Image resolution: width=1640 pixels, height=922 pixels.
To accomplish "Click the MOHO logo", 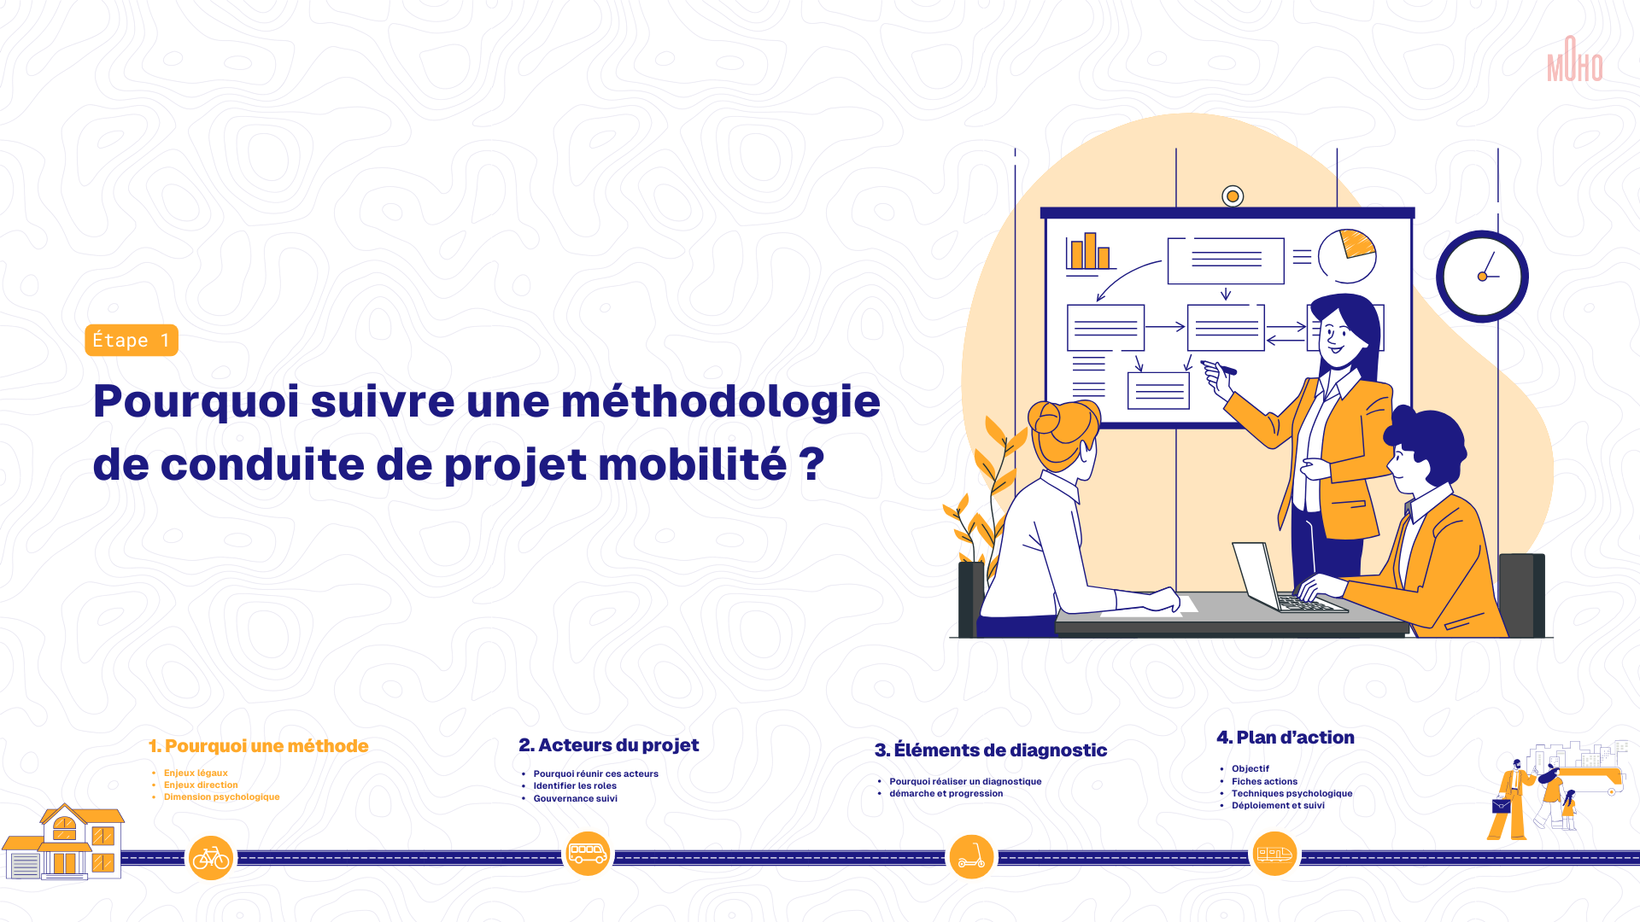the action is (1574, 59).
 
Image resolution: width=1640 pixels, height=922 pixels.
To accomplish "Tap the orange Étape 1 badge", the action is (132, 340).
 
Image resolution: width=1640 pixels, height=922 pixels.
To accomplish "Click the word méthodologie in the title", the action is (720, 402).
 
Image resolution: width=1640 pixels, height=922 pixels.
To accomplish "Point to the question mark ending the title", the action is (812, 464).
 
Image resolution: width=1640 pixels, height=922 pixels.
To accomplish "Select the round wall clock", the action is (1482, 276).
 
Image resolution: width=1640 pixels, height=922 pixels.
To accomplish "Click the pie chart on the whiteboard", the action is (1347, 256).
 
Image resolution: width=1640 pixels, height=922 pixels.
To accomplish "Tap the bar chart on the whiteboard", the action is (1090, 254).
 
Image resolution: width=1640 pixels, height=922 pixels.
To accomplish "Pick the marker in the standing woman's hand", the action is (1219, 368).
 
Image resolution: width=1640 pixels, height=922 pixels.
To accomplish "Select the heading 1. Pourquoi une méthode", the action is (258, 746).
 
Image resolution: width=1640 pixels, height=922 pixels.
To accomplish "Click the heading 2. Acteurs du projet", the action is (608, 745).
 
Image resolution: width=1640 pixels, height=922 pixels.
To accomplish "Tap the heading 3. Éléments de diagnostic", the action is (991, 750).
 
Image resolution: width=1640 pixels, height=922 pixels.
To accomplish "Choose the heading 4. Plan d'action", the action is (1286, 738).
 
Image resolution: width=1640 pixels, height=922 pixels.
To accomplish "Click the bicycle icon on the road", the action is (211, 858).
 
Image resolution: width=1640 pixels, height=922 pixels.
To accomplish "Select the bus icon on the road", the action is (588, 854).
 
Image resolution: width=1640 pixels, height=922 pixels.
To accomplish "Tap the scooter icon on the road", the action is (971, 857).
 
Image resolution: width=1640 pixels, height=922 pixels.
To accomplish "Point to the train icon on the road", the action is (1274, 854).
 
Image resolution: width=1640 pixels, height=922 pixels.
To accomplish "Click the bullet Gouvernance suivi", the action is (576, 799).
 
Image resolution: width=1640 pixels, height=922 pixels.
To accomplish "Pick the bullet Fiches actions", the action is (1264, 782).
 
